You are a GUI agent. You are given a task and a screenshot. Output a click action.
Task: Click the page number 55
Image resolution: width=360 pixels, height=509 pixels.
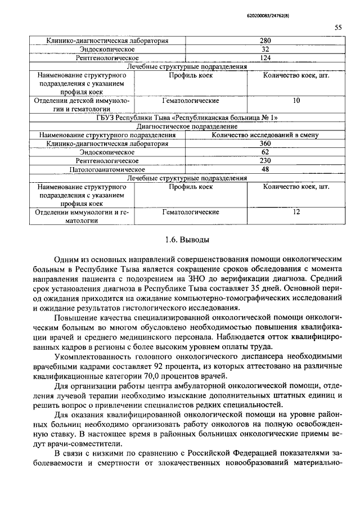(x=338, y=27)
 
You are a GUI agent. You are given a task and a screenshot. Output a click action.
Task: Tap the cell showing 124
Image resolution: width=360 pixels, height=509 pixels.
(x=265, y=58)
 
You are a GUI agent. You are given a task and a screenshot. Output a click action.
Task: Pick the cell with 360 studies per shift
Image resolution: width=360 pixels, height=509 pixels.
(x=265, y=143)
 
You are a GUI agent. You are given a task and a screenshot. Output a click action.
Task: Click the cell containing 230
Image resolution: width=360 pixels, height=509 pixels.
(x=265, y=160)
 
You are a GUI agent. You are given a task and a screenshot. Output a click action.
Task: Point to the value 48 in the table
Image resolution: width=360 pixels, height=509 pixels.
(x=265, y=169)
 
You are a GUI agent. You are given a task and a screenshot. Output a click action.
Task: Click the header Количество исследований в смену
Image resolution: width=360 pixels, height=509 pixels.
(x=265, y=135)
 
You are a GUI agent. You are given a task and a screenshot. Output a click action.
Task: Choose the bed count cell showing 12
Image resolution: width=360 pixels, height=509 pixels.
(x=296, y=212)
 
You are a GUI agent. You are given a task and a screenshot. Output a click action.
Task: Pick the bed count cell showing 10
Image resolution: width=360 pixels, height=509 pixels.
(x=296, y=101)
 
